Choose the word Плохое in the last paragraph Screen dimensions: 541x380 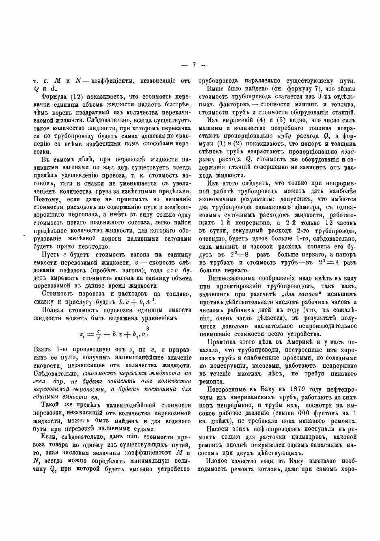[218, 463]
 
